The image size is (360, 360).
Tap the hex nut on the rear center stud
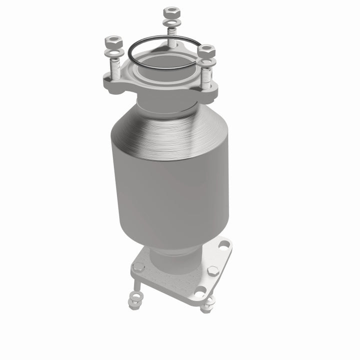coord(171,11)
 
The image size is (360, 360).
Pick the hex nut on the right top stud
coord(205,50)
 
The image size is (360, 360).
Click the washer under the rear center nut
coord(171,23)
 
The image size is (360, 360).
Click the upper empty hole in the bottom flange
coord(223,244)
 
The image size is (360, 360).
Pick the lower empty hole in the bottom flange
coord(200,293)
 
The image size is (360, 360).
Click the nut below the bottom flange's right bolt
coord(207,306)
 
